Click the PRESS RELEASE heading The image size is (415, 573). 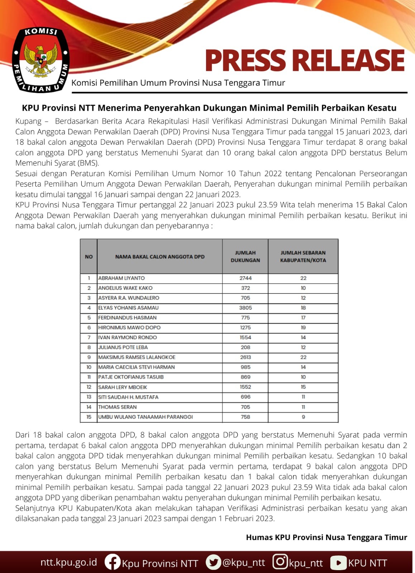[305, 60]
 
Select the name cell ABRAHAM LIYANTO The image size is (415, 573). [121, 278]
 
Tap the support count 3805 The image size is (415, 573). [245, 308]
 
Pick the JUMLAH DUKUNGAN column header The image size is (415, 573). [245, 256]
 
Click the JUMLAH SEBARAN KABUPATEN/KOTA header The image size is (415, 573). [303, 256]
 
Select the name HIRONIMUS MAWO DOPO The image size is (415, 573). [129, 328]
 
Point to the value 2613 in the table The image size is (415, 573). [245, 357]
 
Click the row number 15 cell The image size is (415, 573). [89, 417]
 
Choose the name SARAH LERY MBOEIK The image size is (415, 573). [123, 387]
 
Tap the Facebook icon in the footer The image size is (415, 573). [112, 562]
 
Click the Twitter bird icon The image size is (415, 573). [213, 562]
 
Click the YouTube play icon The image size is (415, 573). [338, 563]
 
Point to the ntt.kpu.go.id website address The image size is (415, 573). [68, 562]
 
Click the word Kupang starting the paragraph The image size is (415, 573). [28, 121]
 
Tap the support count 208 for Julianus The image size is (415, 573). [245, 347]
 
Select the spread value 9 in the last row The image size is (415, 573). [303, 417]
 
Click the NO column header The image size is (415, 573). [89, 256]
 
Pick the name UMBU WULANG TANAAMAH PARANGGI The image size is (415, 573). [146, 417]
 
